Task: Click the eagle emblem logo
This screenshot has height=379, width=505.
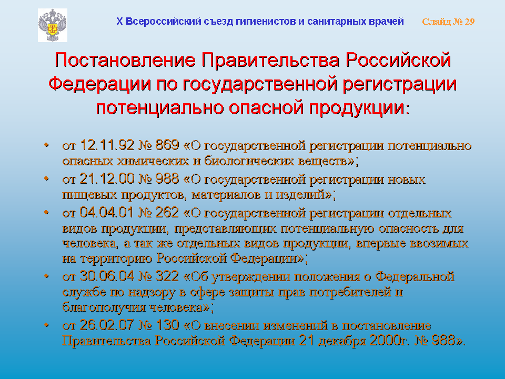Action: coord(53,25)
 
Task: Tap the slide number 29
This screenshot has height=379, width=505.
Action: coord(470,22)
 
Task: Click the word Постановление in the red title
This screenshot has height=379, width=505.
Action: coord(125,60)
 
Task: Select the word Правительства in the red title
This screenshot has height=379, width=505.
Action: coord(270,60)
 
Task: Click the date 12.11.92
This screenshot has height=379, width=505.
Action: coord(107,145)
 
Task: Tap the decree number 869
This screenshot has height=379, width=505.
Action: coord(167,145)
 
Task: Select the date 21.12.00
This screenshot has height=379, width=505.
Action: coord(107,179)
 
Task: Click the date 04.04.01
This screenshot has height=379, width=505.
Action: coord(107,212)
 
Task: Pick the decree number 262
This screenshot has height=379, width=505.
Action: coord(167,212)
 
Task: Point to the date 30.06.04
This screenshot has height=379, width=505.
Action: coord(107,276)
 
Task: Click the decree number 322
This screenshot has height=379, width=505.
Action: coord(167,276)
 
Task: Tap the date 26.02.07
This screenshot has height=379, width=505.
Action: coord(107,325)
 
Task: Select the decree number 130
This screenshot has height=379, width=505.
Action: coord(167,325)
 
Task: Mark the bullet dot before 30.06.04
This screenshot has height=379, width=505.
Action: coord(47,276)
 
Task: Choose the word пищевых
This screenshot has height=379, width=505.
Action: coord(89,195)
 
